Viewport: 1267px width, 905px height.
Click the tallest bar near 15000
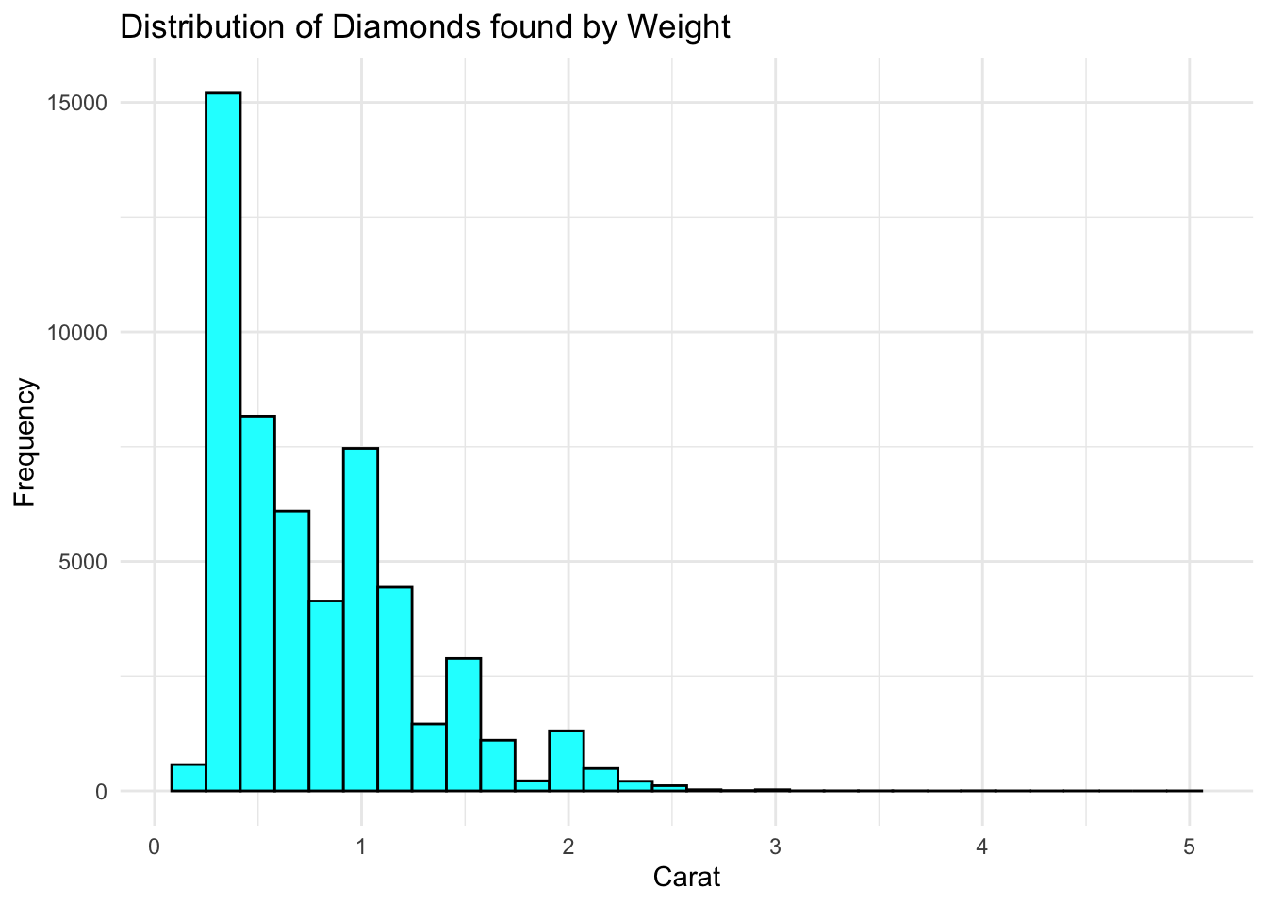pyautogui.click(x=223, y=443)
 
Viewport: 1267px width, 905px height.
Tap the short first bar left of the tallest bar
pyautogui.click(x=189, y=778)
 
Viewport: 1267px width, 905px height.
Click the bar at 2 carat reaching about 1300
pyautogui.click(x=567, y=761)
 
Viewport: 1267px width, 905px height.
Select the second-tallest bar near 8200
pyautogui.click(x=257, y=603)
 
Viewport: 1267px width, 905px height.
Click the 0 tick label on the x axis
pyautogui.click(x=154, y=847)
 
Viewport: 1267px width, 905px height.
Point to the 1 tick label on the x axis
pyautogui.click(x=361, y=847)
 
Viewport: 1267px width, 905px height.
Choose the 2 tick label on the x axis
pyautogui.click(x=568, y=847)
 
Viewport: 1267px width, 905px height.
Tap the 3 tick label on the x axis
pyautogui.click(x=775, y=847)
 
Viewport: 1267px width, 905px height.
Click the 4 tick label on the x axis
pyautogui.click(x=982, y=847)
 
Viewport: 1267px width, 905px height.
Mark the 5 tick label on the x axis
pyautogui.click(x=1189, y=847)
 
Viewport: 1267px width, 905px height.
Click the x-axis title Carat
pyautogui.click(x=686, y=878)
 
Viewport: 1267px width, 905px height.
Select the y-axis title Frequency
pyautogui.click(x=25, y=442)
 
